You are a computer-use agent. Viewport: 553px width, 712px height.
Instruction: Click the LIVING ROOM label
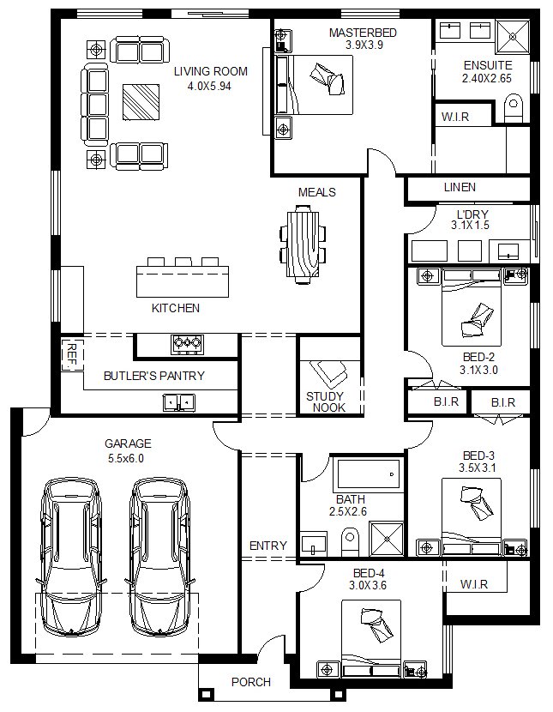(x=211, y=71)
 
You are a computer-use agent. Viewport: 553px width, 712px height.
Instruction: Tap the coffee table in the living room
(x=141, y=102)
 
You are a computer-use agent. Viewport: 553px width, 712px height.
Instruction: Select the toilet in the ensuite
(x=513, y=108)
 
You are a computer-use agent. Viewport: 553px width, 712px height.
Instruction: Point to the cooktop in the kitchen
(x=187, y=344)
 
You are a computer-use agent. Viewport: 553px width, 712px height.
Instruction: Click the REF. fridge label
(x=72, y=355)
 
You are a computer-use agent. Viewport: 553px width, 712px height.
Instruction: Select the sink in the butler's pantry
(x=179, y=402)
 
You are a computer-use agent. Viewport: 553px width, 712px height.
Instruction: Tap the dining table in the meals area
(x=303, y=244)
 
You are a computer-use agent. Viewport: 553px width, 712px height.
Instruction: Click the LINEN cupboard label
(x=460, y=187)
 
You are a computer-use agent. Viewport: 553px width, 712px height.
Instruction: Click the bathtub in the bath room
(x=368, y=474)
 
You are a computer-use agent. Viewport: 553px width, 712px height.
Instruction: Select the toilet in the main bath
(x=350, y=540)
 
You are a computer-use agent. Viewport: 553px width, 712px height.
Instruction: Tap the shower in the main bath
(x=387, y=539)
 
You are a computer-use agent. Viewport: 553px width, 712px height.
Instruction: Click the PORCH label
(x=251, y=682)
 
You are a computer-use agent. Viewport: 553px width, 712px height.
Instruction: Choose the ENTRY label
(x=268, y=546)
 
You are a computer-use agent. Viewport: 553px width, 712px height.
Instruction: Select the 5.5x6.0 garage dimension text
(x=126, y=458)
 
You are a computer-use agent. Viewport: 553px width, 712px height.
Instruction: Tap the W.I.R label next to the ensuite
(x=455, y=117)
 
